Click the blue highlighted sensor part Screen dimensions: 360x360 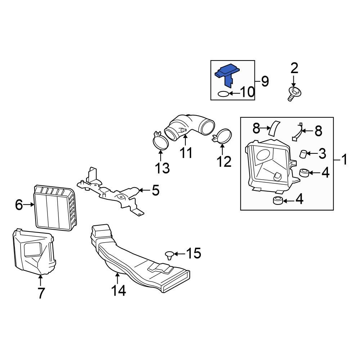[x=227, y=73]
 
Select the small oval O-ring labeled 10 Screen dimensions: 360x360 [x=223, y=94]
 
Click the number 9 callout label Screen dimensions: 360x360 [x=265, y=81]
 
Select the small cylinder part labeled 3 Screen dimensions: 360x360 [x=303, y=154]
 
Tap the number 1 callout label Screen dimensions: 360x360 [x=345, y=159]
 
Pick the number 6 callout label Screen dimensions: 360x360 [x=19, y=205]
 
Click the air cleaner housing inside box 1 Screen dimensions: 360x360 [x=268, y=164]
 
